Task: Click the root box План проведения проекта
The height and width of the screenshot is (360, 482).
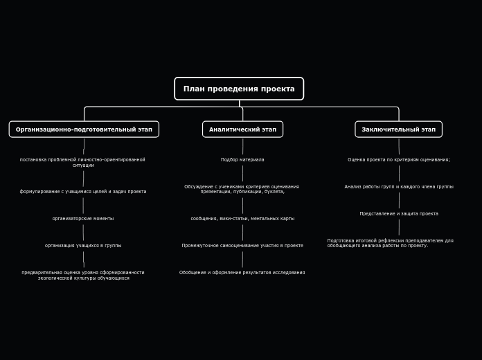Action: [x=239, y=89]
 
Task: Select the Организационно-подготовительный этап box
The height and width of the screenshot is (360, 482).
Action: [x=84, y=129]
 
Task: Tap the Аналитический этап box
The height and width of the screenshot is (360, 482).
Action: [x=242, y=129]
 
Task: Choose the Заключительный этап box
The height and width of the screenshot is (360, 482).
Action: [x=398, y=129]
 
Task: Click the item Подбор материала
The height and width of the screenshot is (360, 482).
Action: [x=242, y=160]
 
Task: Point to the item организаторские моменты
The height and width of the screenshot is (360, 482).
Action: [x=83, y=219]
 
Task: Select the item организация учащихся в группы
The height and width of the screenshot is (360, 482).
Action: [x=83, y=246]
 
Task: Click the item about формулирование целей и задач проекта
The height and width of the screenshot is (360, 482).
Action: [x=83, y=192]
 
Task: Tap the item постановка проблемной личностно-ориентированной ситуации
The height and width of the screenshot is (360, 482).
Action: [x=82, y=163]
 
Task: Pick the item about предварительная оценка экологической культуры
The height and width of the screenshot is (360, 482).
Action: [x=83, y=276]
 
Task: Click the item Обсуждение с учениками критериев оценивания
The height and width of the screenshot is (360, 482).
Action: [x=242, y=189]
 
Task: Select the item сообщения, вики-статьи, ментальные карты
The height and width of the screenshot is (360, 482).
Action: [x=242, y=219]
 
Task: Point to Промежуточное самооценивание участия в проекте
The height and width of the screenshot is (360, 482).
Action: [x=242, y=246]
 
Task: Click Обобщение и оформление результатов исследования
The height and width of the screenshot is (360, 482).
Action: [x=242, y=273]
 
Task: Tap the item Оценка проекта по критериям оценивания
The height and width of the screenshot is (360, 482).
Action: [x=399, y=160]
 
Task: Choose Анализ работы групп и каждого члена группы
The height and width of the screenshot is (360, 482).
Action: [x=399, y=187]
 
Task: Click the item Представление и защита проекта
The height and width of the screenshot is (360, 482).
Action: [x=399, y=214]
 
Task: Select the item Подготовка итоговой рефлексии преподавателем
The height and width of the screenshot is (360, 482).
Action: [x=390, y=243]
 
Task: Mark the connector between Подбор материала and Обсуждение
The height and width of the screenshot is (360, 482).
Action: [x=242, y=173]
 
